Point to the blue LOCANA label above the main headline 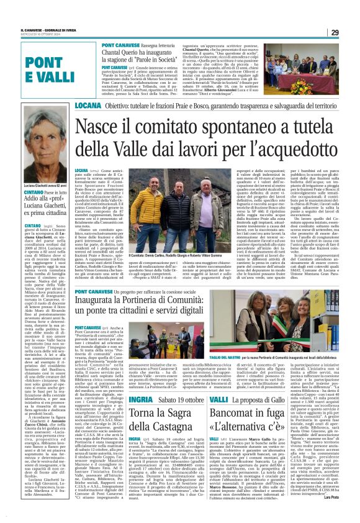point(89,106)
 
